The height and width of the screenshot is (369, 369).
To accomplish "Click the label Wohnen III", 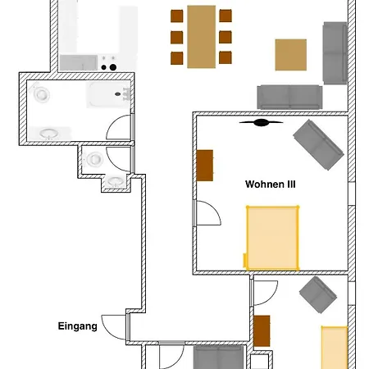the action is click(271, 184).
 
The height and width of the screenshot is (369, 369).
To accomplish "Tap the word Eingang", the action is click(78, 326).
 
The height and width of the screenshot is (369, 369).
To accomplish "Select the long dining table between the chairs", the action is click(202, 37).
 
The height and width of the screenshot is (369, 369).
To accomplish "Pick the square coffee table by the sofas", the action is click(291, 55).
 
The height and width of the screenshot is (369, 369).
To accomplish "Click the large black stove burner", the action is click(113, 67).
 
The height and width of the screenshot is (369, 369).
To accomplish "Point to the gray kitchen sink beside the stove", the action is click(79, 62).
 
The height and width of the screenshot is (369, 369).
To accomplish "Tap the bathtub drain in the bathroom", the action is click(118, 94).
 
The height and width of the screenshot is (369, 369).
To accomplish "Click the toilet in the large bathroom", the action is click(40, 93).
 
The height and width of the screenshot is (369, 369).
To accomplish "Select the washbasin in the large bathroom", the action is click(49, 134).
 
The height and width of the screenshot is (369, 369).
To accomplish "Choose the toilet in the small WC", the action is click(93, 159).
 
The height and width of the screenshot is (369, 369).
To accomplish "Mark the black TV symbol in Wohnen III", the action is click(262, 123).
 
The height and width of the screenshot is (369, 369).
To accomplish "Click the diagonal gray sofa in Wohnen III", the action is click(318, 144).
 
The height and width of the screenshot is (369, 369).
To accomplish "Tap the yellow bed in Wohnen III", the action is click(272, 238).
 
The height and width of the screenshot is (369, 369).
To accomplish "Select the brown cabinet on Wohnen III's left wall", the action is click(205, 166).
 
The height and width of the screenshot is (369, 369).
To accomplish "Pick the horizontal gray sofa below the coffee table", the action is click(289, 97).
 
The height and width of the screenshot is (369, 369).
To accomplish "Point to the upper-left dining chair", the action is click(177, 16).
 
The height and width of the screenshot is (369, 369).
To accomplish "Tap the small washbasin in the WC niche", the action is click(116, 181).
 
